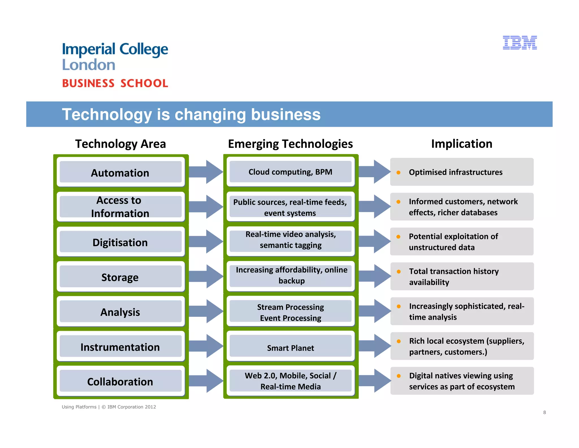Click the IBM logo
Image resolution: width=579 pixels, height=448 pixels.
pyautogui.click(x=520, y=43)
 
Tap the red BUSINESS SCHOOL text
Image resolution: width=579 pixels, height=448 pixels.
pyautogui.click(x=115, y=83)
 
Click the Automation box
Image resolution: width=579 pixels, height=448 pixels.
pyautogui.click(x=120, y=172)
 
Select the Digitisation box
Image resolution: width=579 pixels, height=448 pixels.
pyautogui.click(x=120, y=242)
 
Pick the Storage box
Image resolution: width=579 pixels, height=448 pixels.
pyautogui.click(x=120, y=277)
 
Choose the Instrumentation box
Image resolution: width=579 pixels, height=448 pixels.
pyautogui.click(x=120, y=346)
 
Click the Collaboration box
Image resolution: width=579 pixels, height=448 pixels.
pyautogui.click(x=120, y=381)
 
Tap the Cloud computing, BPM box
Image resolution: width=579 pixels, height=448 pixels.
pyautogui.click(x=290, y=172)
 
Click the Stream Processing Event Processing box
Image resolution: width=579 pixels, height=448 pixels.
pyautogui.click(x=290, y=312)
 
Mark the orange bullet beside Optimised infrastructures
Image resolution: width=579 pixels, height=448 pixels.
pyautogui.click(x=398, y=172)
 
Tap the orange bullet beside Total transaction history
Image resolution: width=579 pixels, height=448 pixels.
pyautogui.click(x=399, y=272)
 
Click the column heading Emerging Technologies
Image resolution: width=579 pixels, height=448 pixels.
pyautogui.click(x=290, y=144)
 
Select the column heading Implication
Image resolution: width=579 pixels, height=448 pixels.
pyautogui.click(x=461, y=144)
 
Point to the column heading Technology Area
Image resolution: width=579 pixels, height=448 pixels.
pyautogui.click(x=120, y=144)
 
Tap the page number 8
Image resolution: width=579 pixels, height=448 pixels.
pyautogui.click(x=545, y=412)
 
